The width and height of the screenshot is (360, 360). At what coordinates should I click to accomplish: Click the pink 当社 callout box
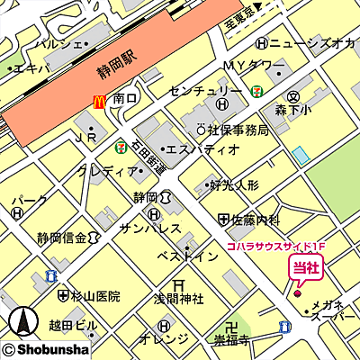tap(303, 267)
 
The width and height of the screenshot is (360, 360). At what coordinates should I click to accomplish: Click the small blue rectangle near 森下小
tap(301, 154)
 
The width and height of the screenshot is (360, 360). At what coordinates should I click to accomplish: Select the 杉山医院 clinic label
tap(96, 295)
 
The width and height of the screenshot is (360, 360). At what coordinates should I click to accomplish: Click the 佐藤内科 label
tap(256, 219)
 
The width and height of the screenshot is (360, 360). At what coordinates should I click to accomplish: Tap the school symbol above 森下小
tap(293, 96)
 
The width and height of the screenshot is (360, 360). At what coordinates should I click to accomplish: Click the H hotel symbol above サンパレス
tap(155, 214)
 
